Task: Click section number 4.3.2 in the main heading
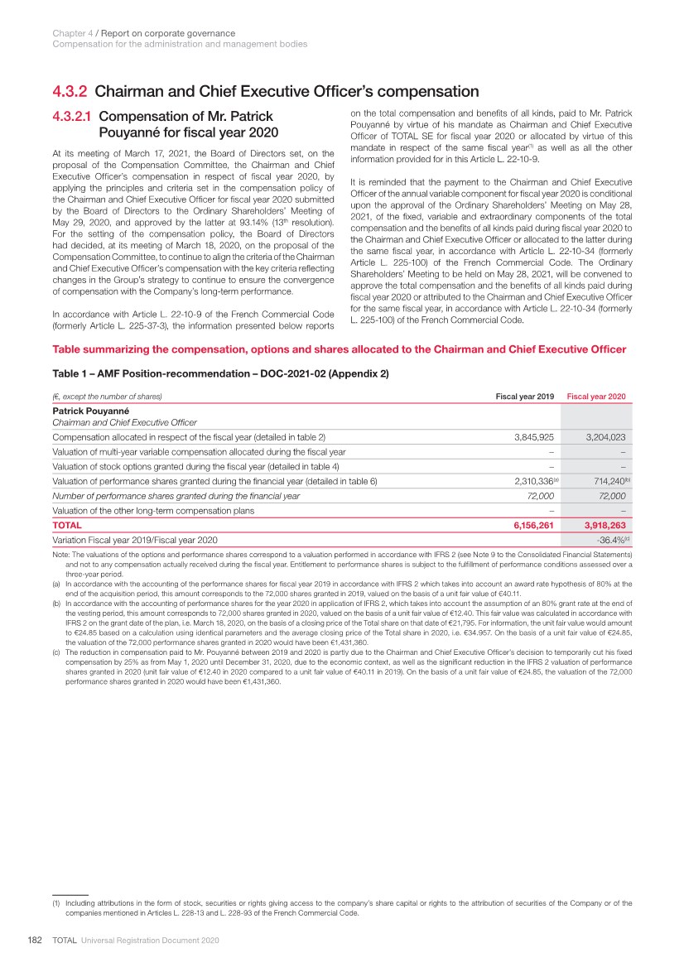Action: pyautogui.click(x=69, y=92)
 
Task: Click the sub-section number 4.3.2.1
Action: pyautogui.click(x=75, y=117)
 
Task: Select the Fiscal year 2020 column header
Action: pyautogui.click(x=596, y=397)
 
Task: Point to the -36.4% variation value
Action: pyautogui.click(x=609, y=540)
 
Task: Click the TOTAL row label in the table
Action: pyautogui.click(x=67, y=525)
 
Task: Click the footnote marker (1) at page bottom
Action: pyautogui.click(x=56, y=903)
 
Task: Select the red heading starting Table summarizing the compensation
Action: pyautogui.click(x=339, y=349)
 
